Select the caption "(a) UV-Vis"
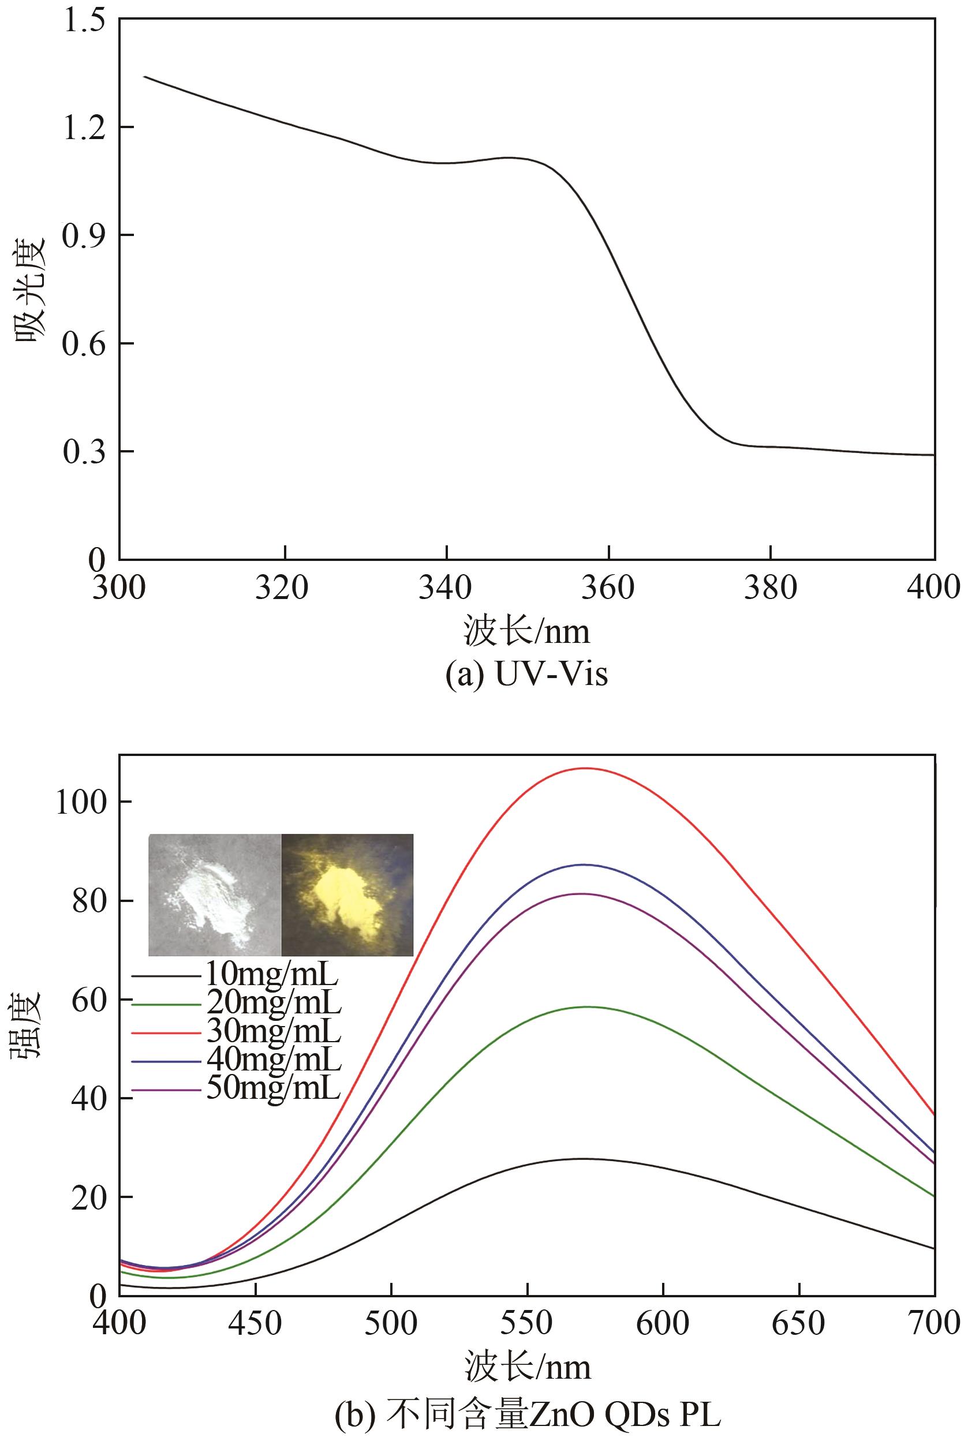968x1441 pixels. click(x=526, y=675)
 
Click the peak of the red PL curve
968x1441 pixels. click(x=585, y=768)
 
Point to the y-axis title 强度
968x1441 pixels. click(x=26, y=1024)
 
